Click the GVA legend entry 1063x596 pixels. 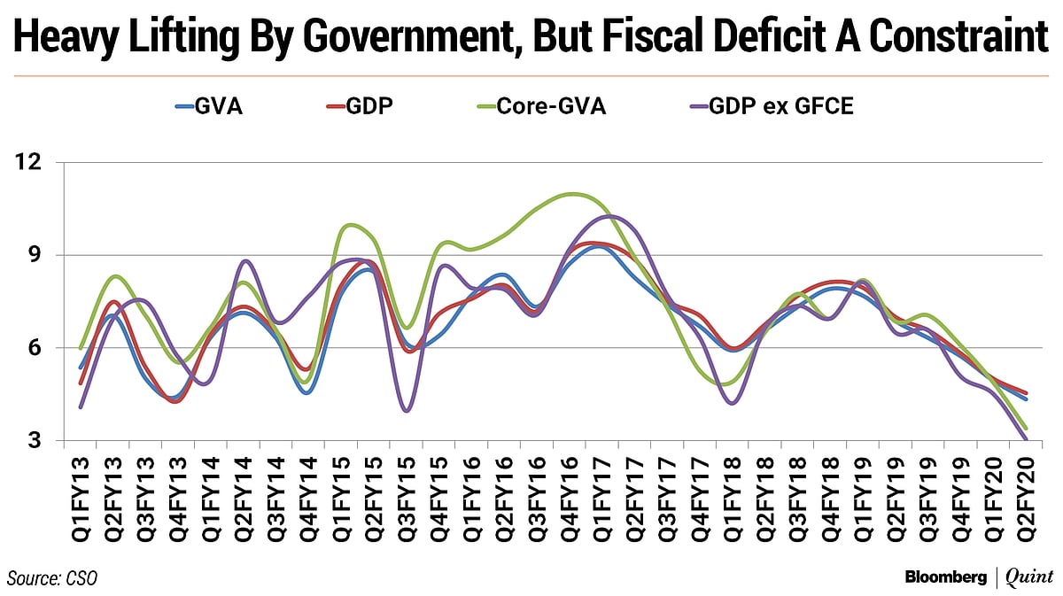[209, 109]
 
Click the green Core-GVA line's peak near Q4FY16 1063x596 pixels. [571, 194]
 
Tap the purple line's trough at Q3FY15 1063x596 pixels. [407, 411]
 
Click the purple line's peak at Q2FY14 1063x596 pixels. [246, 261]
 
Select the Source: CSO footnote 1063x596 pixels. [52, 578]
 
